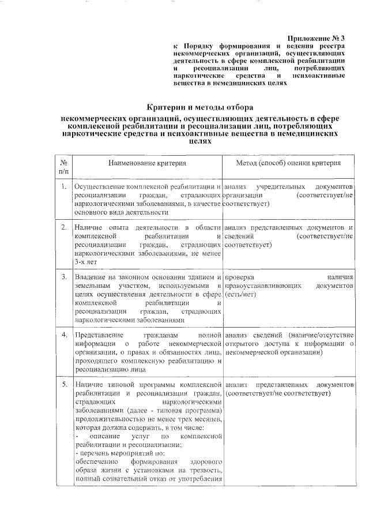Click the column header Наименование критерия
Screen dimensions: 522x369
click(145, 163)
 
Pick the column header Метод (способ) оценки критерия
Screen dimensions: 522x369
click(288, 163)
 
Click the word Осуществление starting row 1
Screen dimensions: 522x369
click(100, 188)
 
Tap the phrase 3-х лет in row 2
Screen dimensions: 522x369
click(86, 261)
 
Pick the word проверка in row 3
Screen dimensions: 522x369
click(240, 278)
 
